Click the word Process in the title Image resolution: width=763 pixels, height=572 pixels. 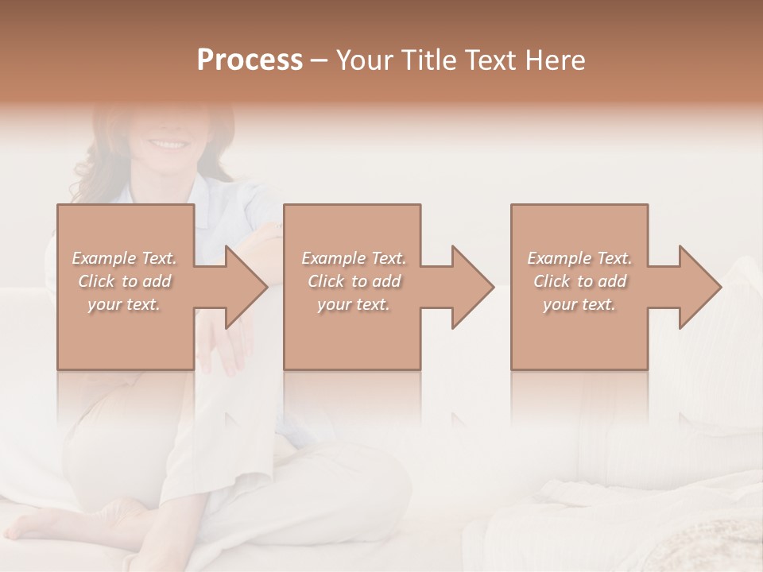point(250,60)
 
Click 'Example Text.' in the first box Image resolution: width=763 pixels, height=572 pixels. point(125,258)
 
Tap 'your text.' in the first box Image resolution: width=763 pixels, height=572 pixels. point(124,304)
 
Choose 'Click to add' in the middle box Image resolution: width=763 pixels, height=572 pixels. point(354,281)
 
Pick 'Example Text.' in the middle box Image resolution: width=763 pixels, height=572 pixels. point(354,258)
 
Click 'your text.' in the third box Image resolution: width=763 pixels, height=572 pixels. point(579,304)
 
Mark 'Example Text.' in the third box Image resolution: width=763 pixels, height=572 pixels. point(579,258)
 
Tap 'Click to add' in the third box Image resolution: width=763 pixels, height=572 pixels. point(579,281)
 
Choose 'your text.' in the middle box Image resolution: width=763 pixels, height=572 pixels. point(354,304)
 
